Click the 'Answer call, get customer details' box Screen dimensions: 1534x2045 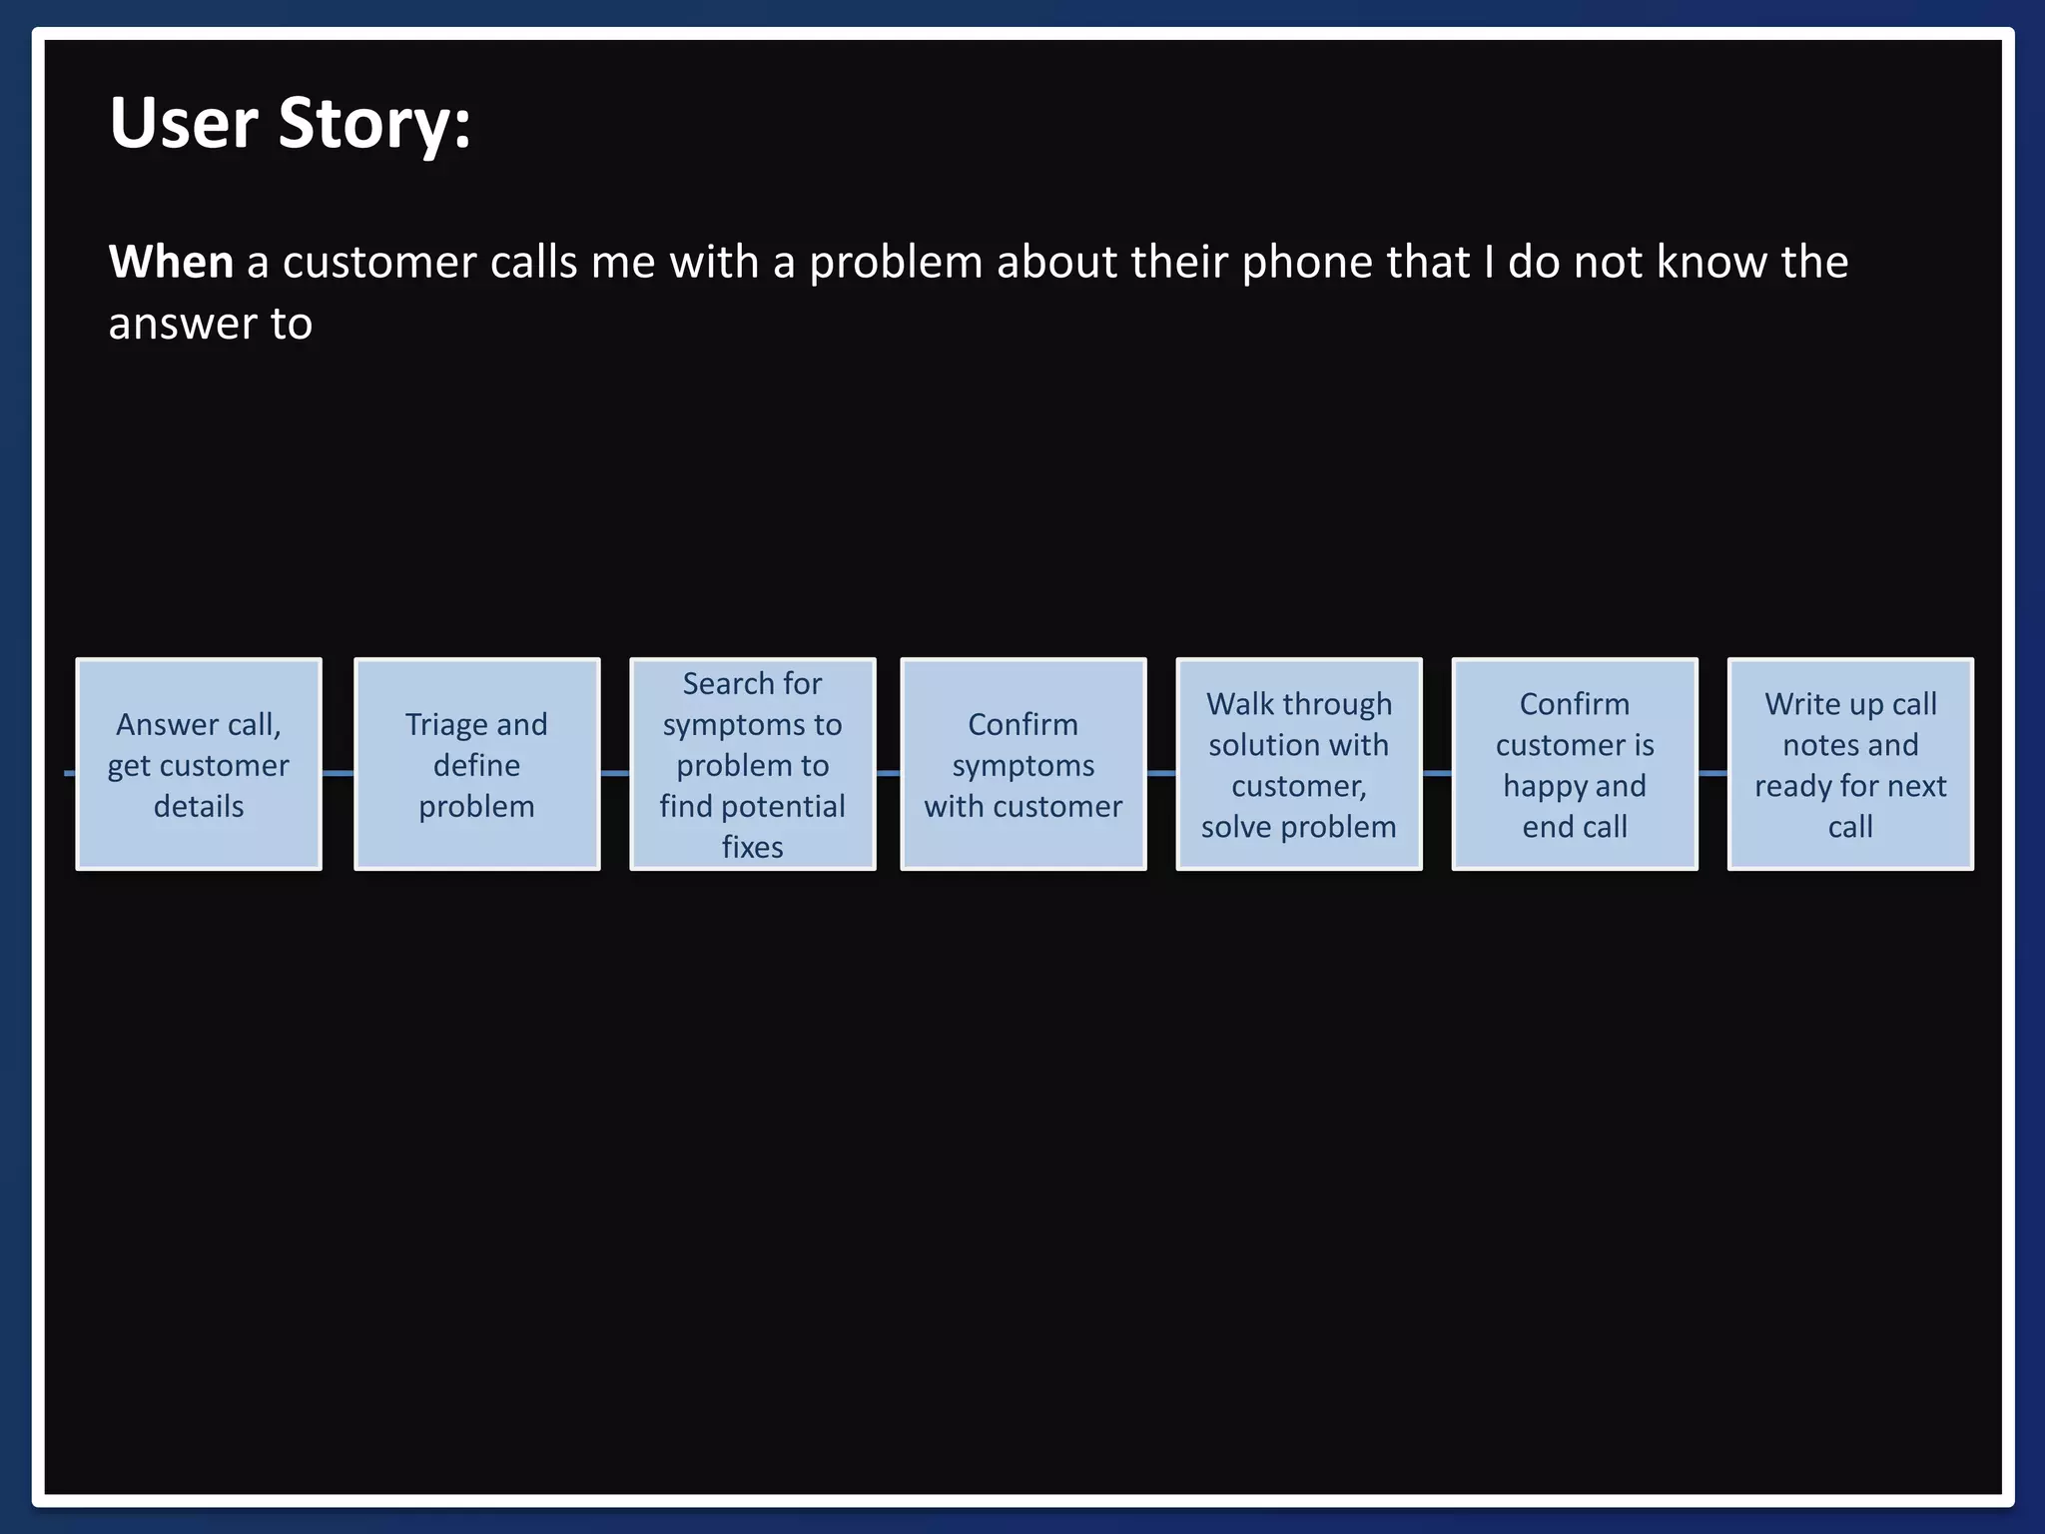(x=199, y=764)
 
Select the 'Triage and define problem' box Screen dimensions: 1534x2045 (x=476, y=764)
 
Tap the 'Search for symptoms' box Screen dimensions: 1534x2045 (x=752, y=764)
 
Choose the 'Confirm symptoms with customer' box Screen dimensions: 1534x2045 (x=1022, y=764)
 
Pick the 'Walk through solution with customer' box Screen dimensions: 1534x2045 (x=1298, y=764)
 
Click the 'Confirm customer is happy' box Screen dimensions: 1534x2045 (x=1574, y=764)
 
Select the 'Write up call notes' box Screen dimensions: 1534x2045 (x=1849, y=764)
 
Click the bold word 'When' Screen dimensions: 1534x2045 (x=171, y=263)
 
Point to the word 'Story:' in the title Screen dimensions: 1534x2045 (x=374, y=124)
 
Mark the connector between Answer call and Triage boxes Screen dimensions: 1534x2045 (x=338, y=773)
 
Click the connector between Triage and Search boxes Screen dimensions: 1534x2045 (x=614, y=773)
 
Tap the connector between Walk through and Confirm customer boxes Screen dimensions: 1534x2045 (x=1436, y=773)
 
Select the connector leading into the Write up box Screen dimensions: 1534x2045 (x=1711, y=773)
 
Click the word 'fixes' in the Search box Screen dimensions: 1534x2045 (x=752, y=847)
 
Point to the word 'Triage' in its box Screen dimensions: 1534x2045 (x=443, y=724)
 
